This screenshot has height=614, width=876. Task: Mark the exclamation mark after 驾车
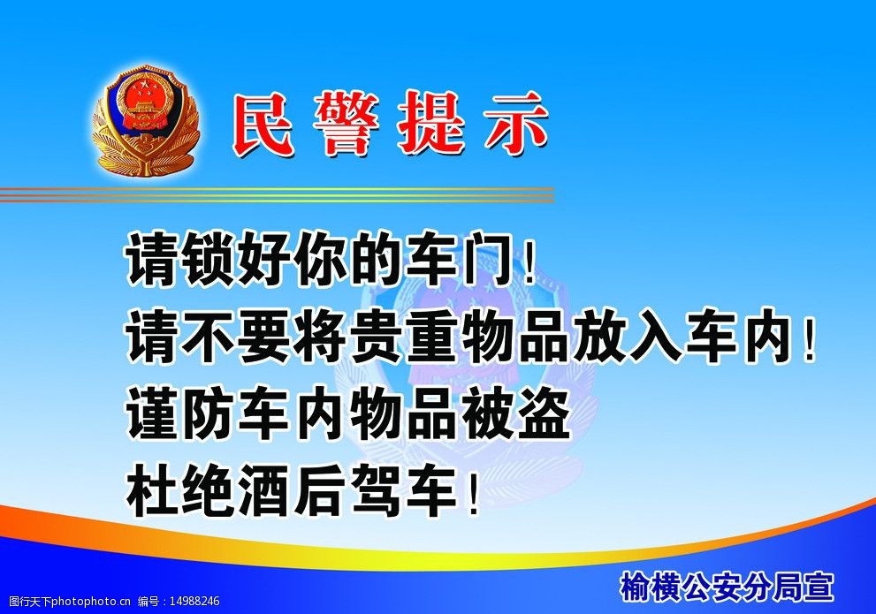pos(474,495)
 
